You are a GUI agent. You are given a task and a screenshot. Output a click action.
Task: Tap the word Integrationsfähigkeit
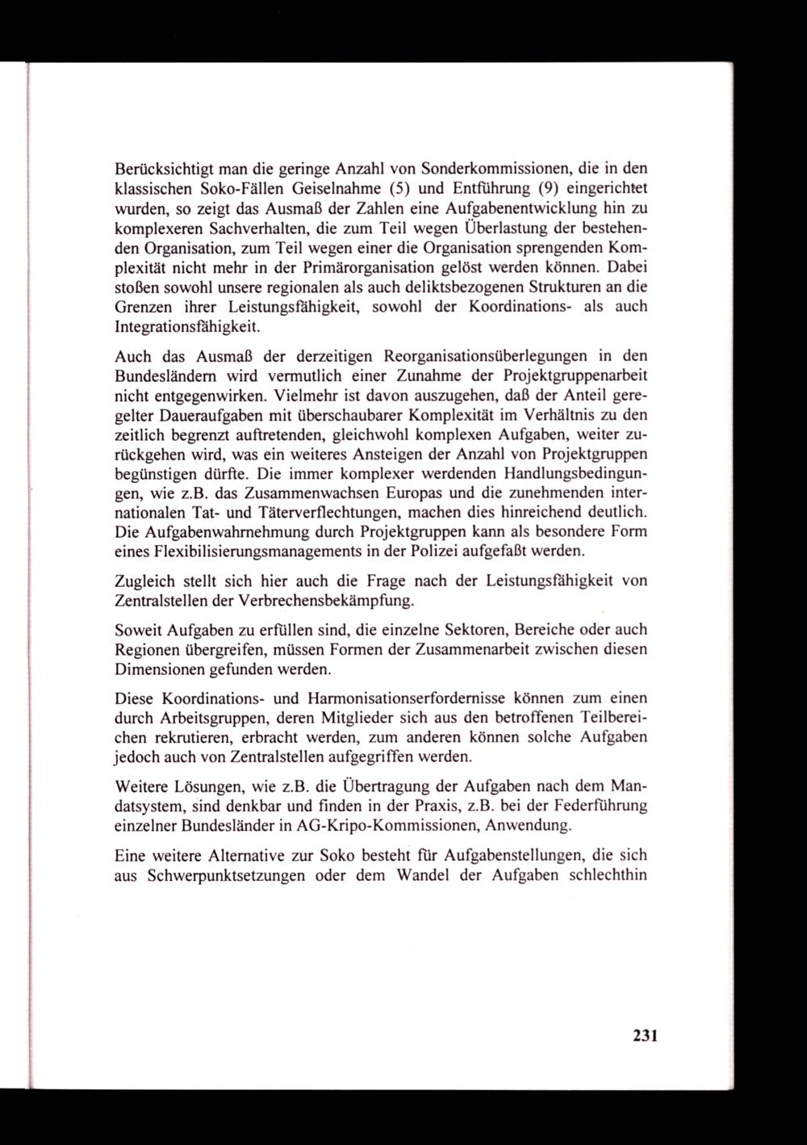pyautogui.click(x=188, y=325)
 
